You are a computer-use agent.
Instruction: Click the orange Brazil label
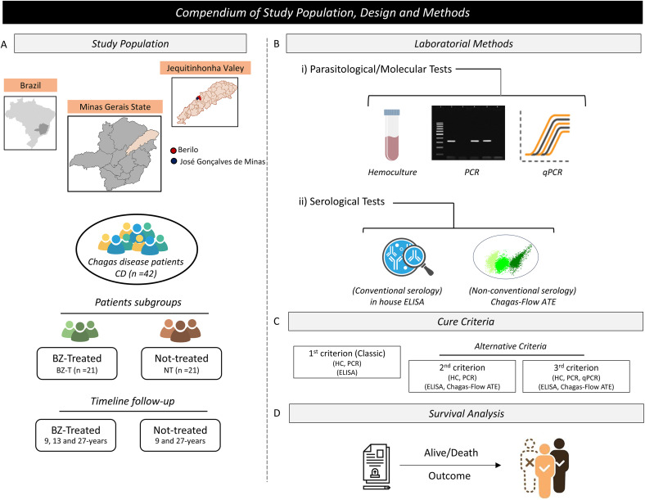pos(30,85)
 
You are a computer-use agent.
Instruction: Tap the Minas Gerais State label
pos(115,106)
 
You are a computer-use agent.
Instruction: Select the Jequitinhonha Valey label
pos(205,68)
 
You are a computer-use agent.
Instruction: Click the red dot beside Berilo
pos(174,150)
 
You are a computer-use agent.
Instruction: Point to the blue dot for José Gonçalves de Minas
pos(174,161)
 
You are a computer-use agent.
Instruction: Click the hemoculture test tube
pos(391,134)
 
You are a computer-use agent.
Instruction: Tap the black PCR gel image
pos(468,133)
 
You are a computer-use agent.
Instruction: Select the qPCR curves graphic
pos(546,136)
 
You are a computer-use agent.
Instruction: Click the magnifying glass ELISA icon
pos(408,258)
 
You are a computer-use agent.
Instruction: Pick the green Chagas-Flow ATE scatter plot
pos(506,259)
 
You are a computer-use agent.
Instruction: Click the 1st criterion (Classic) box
pos(347,362)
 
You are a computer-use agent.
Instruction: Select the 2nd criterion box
pos(462,376)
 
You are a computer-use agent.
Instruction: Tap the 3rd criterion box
pos(576,376)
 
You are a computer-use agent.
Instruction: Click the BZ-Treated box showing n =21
pos(77,363)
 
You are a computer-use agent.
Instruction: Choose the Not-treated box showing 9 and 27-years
pos(180,435)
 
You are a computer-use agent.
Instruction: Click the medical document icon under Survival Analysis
pos(376,466)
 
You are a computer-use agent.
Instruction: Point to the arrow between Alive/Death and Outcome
pos(450,465)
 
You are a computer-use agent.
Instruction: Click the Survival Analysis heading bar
pos(466,413)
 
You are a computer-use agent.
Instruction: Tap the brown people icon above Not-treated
pos(180,331)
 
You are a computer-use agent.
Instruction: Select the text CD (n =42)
pos(136,273)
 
